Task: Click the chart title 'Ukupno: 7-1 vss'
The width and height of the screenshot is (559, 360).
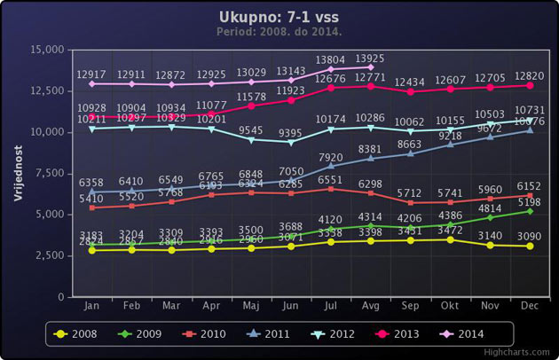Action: [x=279, y=18]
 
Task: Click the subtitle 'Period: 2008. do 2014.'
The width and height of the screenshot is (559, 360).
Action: [x=279, y=33]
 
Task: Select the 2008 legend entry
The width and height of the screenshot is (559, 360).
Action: [x=77, y=333]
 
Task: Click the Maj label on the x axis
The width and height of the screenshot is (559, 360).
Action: [x=251, y=306]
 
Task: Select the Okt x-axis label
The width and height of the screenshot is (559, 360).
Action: [x=451, y=306]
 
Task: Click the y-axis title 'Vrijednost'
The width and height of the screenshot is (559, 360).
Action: [x=19, y=173]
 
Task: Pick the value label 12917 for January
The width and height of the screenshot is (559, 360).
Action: [x=91, y=74]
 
